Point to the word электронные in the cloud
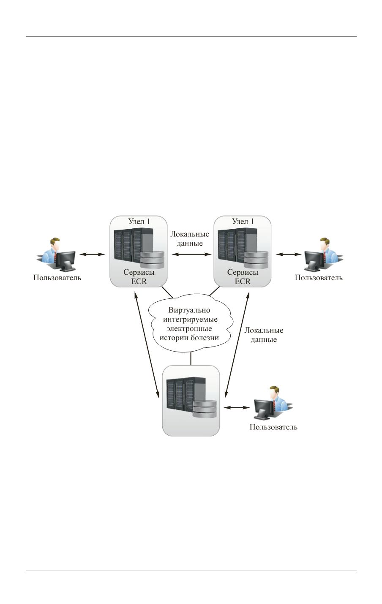[x=190, y=328]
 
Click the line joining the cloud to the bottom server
[x=191, y=358]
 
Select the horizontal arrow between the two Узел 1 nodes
[x=191, y=254]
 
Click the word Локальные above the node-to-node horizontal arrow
[x=189, y=234]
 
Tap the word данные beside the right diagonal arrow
[x=264, y=339]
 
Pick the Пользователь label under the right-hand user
[x=319, y=278]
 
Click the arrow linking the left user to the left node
[x=92, y=254]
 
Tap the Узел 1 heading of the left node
[x=139, y=221]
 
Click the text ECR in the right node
[x=243, y=281]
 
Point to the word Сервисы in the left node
[x=139, y=273]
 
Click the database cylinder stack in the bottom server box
[x=205, y=410]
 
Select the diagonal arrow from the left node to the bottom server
[x=146, y=344]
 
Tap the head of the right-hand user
[x=324, y=244]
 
